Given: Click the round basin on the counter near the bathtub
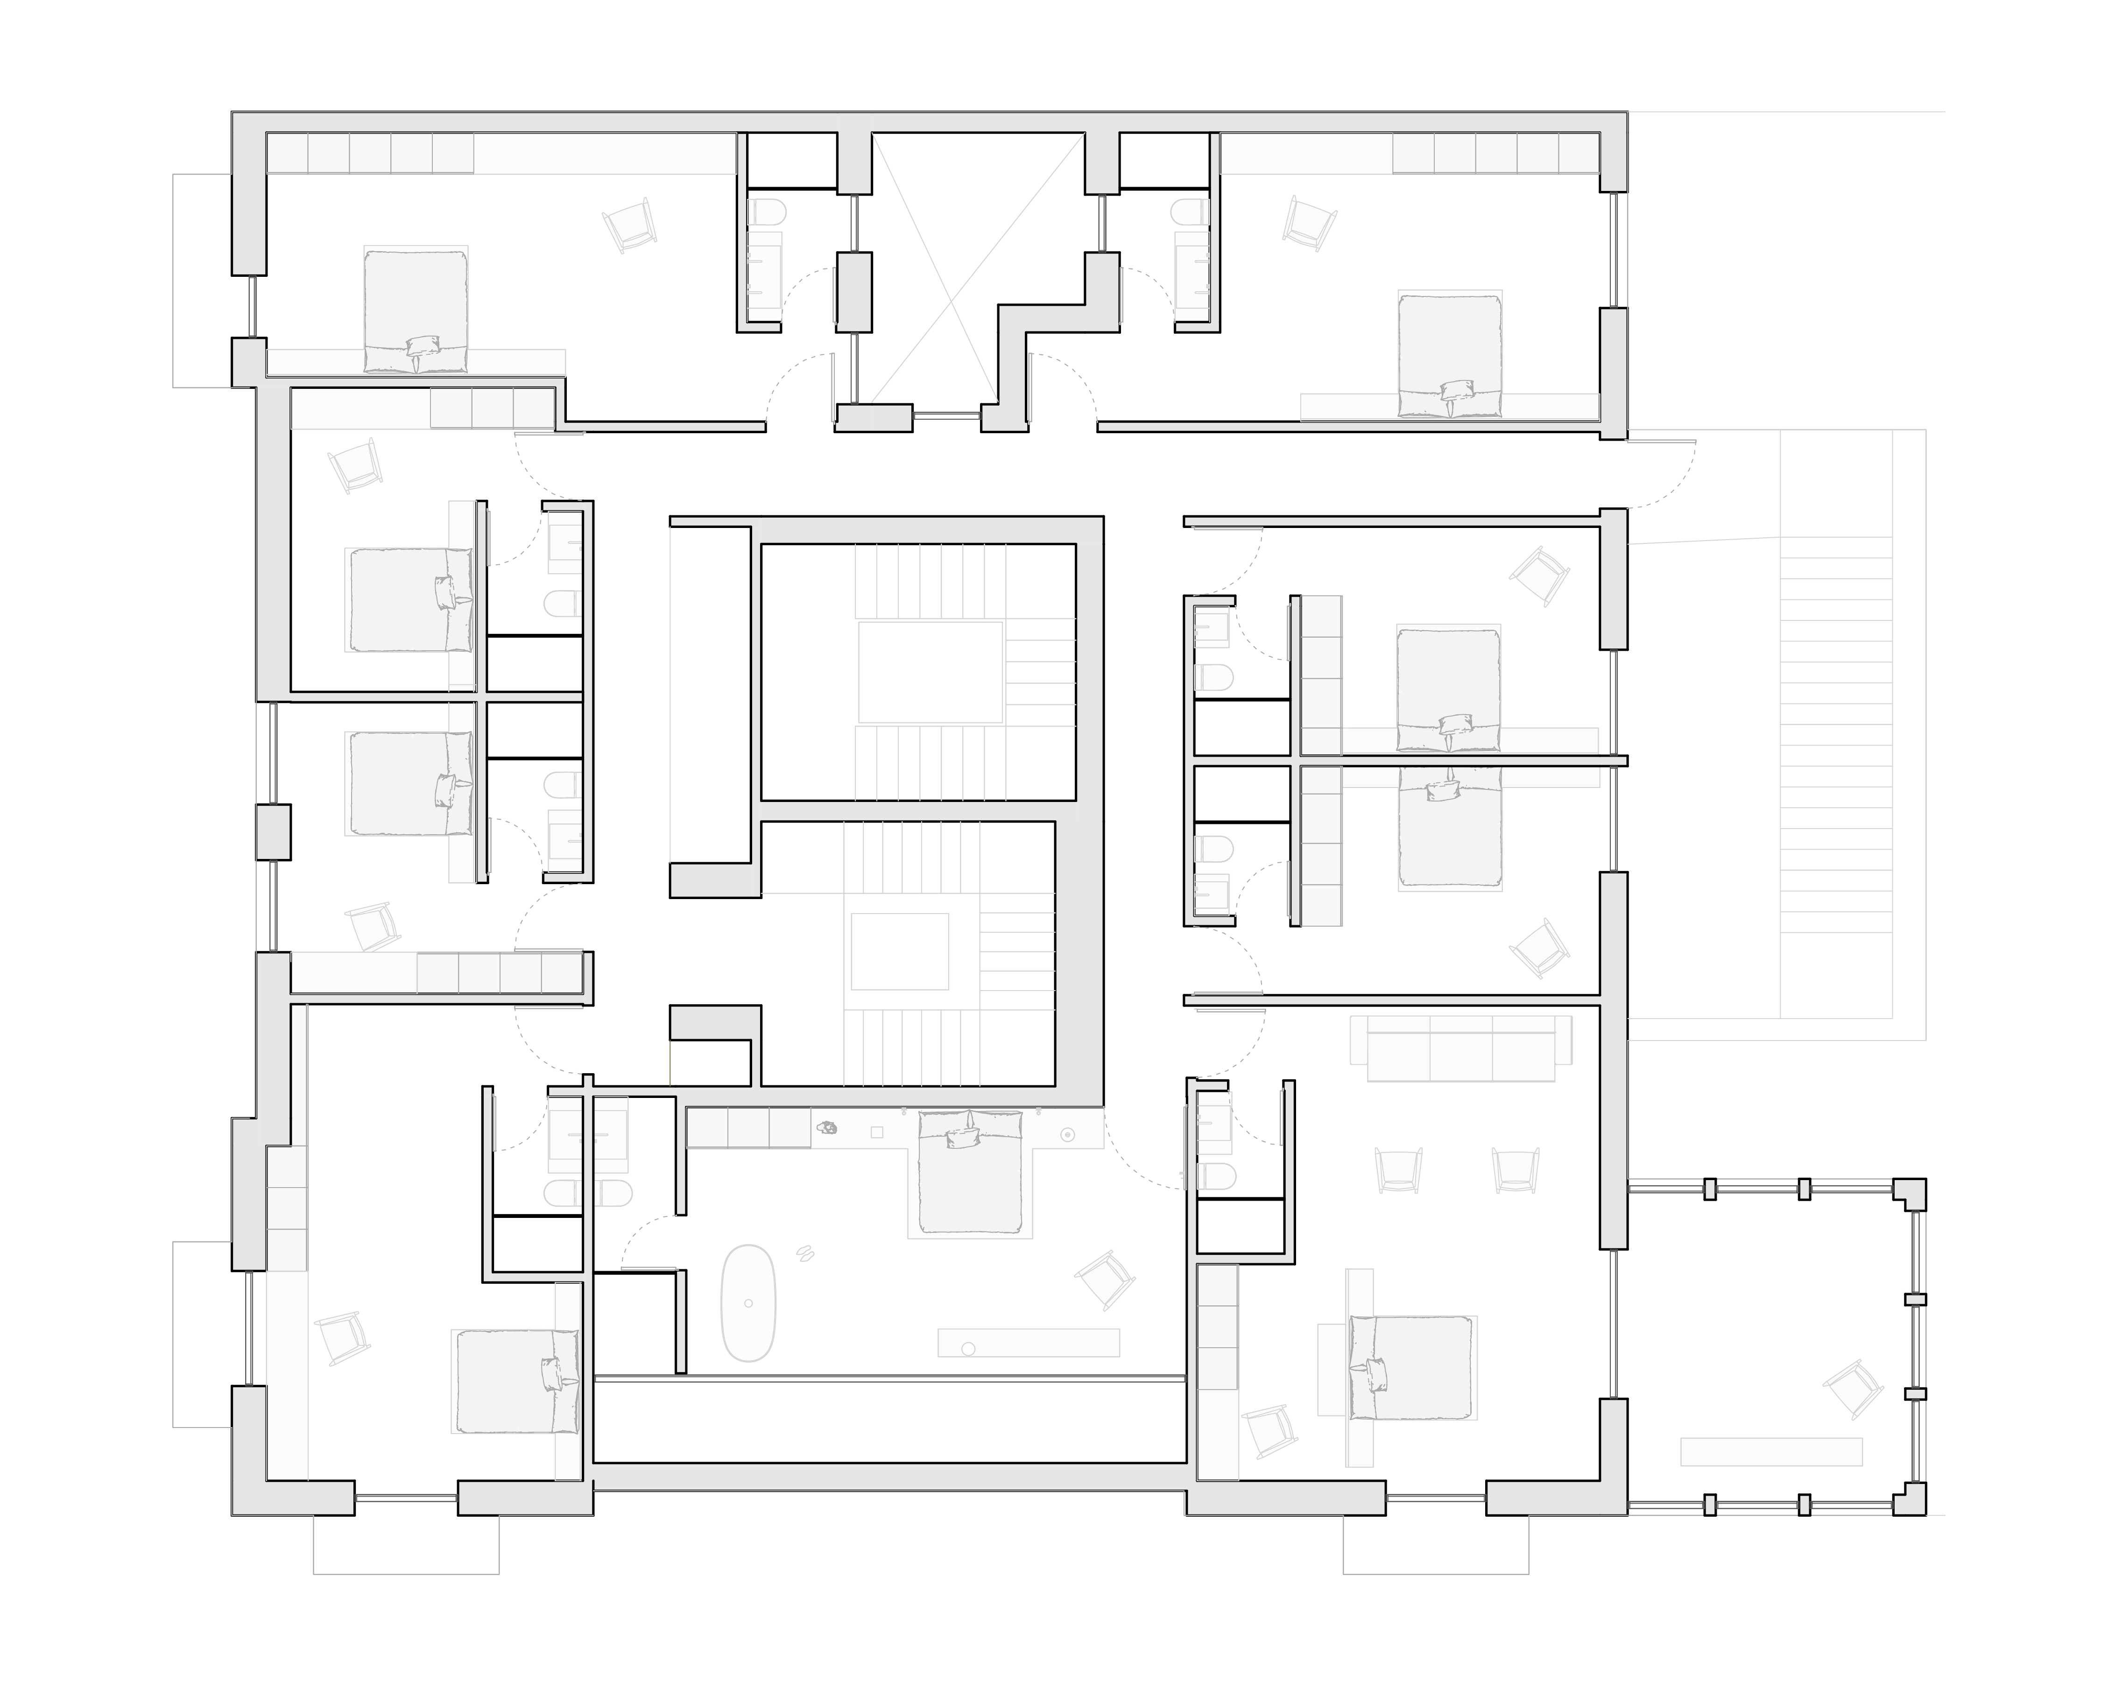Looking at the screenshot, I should tap(968, 1349).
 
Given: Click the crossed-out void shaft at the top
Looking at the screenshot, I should tap(977, 268).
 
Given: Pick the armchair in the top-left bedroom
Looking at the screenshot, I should tap(629, 225).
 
